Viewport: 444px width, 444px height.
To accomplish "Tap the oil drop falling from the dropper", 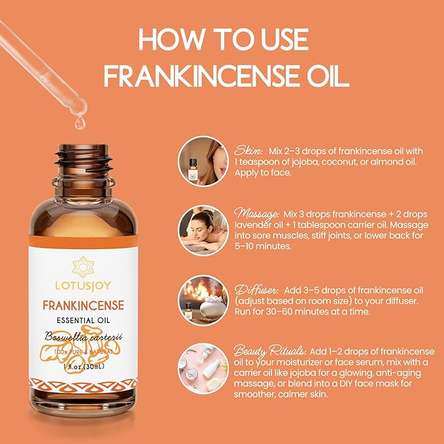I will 79,122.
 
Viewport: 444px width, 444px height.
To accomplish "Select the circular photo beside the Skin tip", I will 203,161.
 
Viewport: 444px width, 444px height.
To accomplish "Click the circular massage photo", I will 203,230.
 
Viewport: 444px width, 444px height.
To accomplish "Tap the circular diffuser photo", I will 203,299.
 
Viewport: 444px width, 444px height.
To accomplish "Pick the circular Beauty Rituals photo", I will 203,367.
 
